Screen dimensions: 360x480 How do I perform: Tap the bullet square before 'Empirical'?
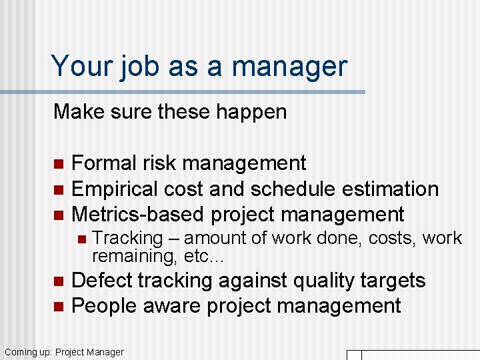(58, 189)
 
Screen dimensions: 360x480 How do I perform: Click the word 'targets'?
(393, 280)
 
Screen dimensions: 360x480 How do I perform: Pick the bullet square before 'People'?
(58, 307)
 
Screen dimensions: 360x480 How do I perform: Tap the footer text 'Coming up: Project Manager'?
(64, 351)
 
